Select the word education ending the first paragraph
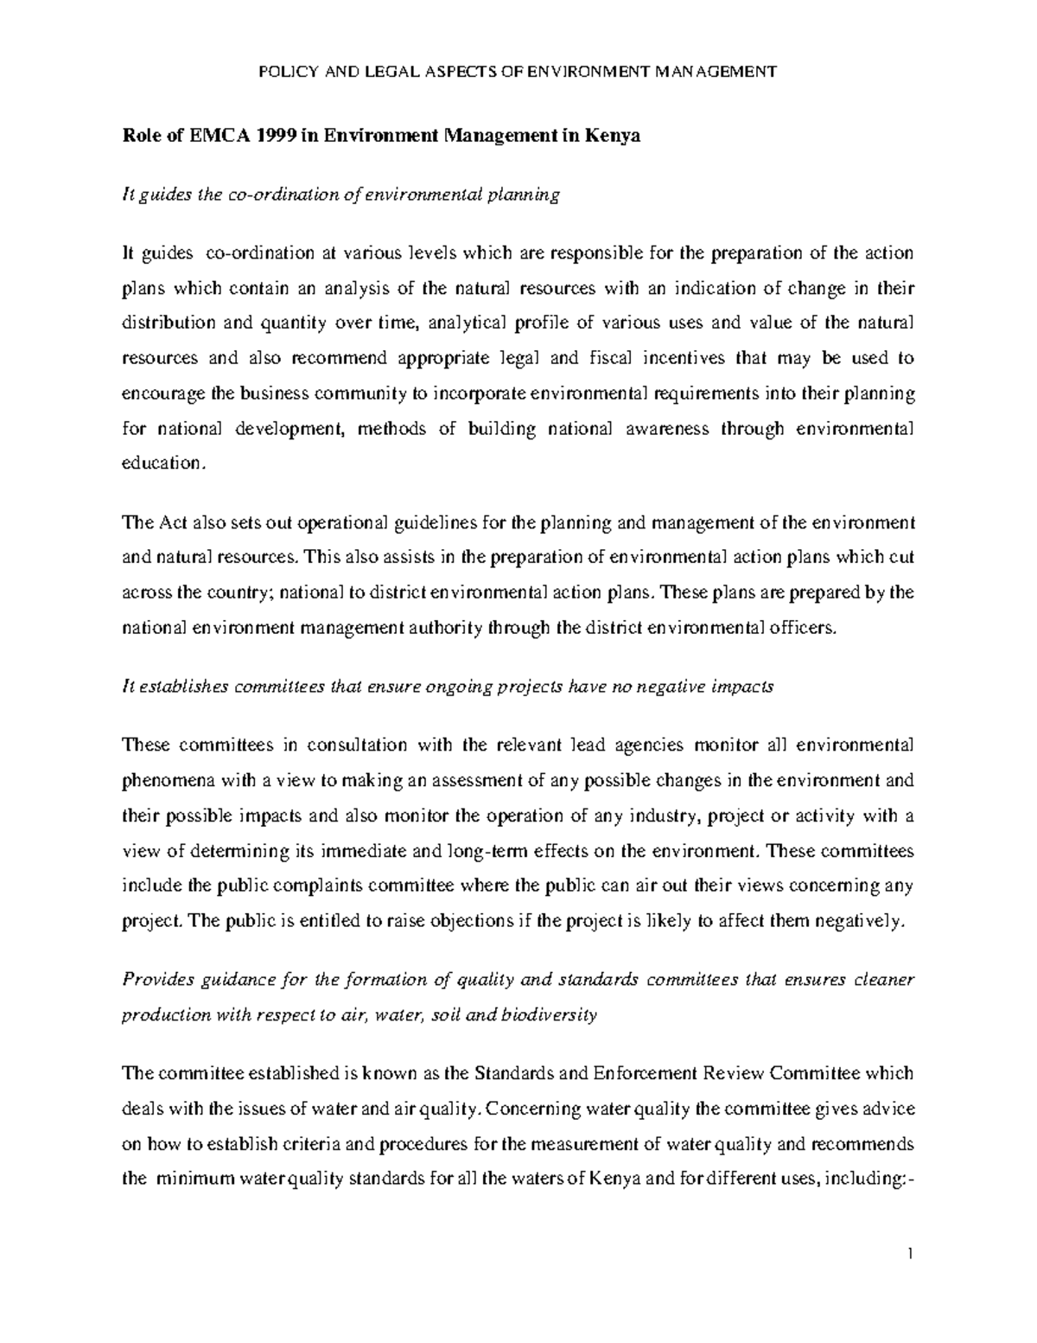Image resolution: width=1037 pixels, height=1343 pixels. pos(162,464)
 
